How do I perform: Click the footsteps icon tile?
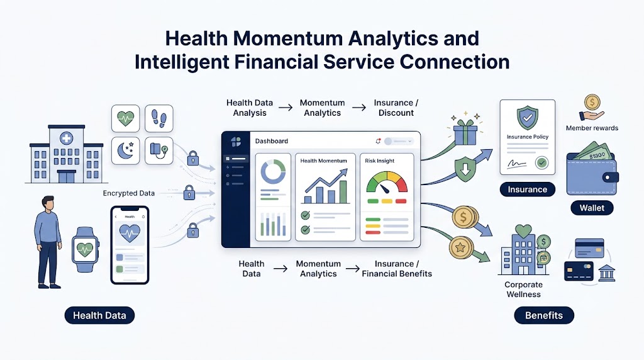[159, 118]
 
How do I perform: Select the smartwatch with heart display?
[86, 249]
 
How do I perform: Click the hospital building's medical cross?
[66, 138]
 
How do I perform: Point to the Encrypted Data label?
[128, 193]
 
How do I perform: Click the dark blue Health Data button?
[99, 315]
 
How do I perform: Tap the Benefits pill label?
[544, 315]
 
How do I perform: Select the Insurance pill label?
[528, 189]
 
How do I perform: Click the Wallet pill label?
[592, 208]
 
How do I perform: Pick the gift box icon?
[465, 131]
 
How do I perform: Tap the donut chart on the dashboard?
[273, 171]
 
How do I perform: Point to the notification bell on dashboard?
[378, 141]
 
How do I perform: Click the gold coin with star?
[460, 248]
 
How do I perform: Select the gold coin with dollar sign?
[464, 217]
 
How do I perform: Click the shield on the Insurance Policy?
[528, 118]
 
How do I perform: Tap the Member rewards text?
[592, 128]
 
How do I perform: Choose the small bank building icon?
[607, 273]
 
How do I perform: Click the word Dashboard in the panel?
[272, 141]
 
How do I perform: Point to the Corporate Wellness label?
[523, 290]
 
